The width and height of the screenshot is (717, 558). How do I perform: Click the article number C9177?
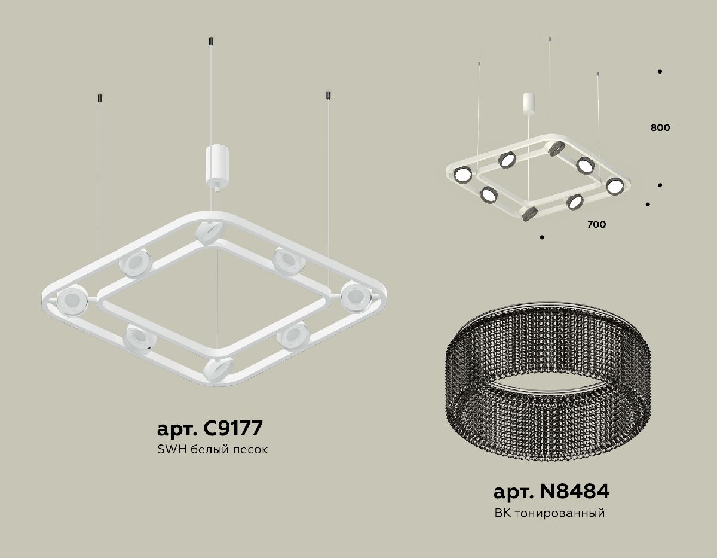pos(209,429)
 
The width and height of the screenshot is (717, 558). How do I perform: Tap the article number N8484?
pos(551,492)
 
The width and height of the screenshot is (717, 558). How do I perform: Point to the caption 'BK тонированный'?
pos(550,513)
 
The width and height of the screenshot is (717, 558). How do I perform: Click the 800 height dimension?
pos(660,127)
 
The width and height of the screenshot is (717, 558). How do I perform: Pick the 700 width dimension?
pos(596,225)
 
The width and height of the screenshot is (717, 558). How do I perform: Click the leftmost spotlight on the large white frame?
pos(71,300)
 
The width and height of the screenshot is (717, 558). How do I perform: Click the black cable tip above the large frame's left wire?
pos(99,97)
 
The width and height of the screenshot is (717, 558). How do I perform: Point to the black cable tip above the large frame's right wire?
pos(328,96)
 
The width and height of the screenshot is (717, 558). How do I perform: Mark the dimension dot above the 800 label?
pos(660,72)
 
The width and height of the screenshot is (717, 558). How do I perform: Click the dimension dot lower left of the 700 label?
pos(542,237)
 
